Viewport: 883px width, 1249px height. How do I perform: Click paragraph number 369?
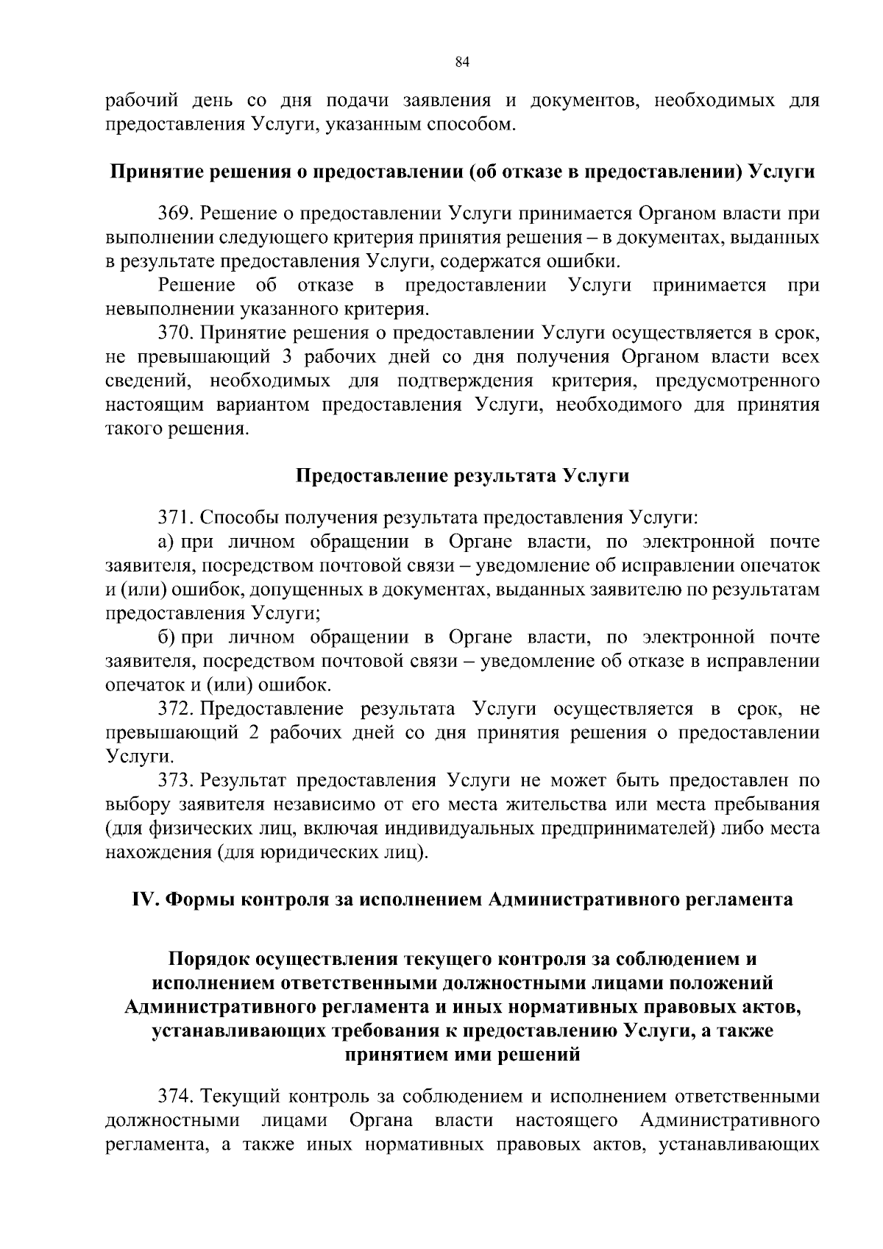pos(175,214)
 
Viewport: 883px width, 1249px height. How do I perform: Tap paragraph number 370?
pos(175,333)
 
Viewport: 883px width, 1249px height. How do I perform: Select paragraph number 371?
pos(175,518)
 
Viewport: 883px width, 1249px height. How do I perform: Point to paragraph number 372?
pos(175,710)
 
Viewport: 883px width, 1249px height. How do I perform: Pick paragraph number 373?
pos(175,781)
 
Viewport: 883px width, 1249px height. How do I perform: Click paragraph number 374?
pos(175,1097)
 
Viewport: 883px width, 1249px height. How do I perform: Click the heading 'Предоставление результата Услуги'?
pos(462,475)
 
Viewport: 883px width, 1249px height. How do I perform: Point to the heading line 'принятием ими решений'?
pos(462,1055)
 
